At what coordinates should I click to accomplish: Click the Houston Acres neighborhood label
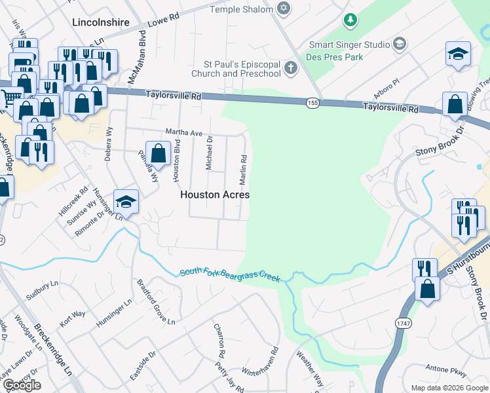point(215,195)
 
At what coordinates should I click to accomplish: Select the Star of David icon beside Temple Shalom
point(283,9)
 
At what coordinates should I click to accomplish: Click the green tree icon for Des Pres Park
point(351,20)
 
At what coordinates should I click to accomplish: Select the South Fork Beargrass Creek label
point(230,274)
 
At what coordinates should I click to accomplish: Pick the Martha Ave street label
point(183,132)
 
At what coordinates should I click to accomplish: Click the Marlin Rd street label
point(243,169)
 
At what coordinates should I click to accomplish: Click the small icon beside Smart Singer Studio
point(400,45)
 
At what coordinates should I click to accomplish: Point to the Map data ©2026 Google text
point(449,388)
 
